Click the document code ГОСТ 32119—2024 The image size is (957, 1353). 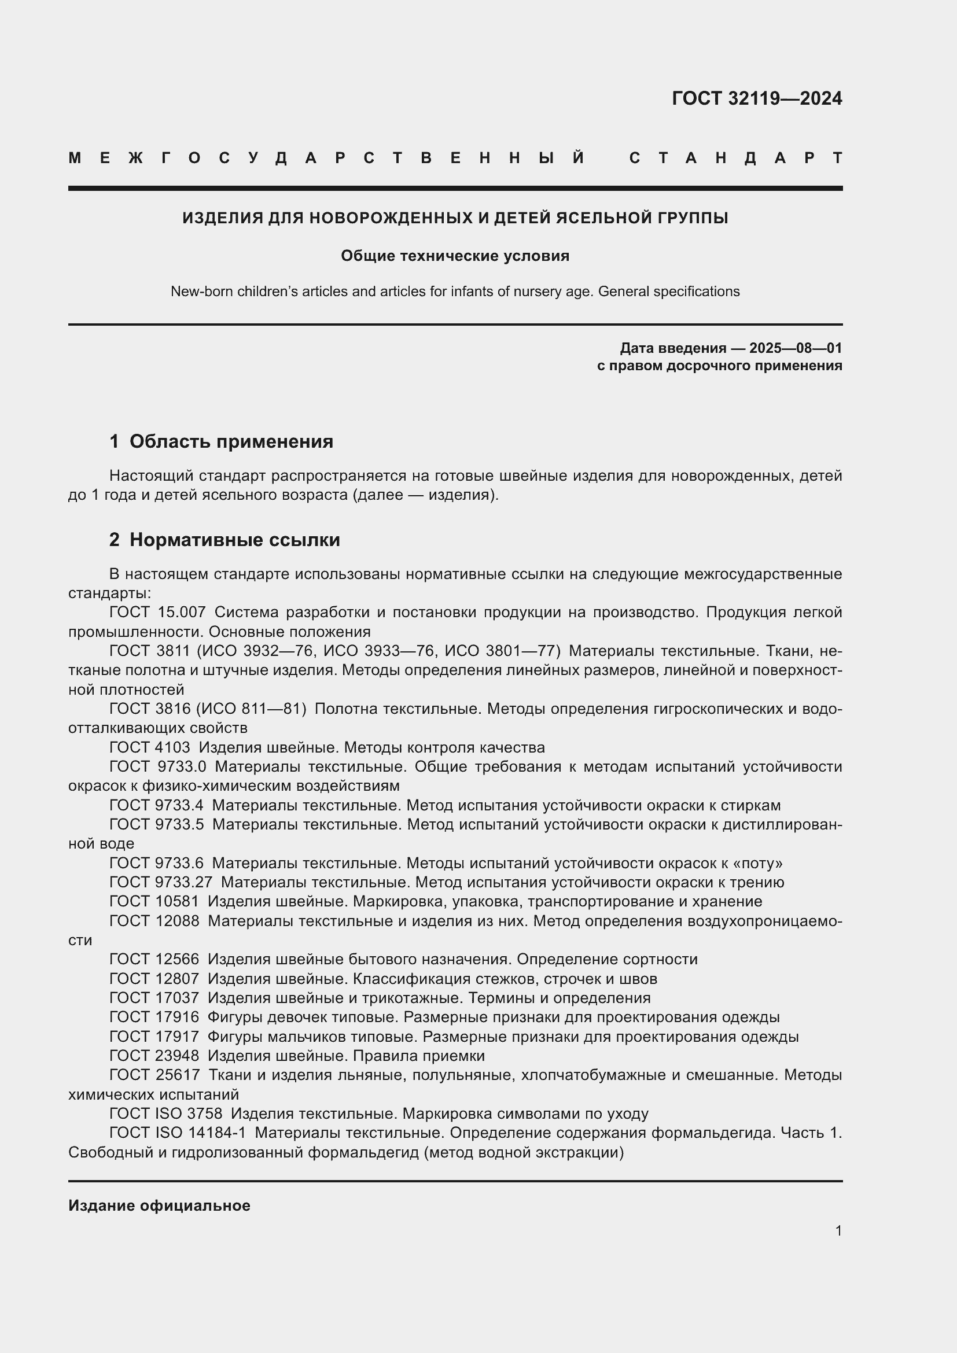pos(757,98)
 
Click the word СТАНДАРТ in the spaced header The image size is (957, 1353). pos(735,158)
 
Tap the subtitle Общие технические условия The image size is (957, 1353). pos(455,256)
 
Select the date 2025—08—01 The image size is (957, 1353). pos(796,348)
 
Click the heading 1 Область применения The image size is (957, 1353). pos(222,441)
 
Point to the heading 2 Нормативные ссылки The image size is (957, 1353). pos(224,540)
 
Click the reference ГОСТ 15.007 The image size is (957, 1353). pos(157,612)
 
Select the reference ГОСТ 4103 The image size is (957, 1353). pos(150,748)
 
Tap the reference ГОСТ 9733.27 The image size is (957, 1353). pos(161,882)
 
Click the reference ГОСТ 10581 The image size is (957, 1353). pos(154,902)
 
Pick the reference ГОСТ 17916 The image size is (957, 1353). pos(154,1017)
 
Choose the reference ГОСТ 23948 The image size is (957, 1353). pos(154,1056)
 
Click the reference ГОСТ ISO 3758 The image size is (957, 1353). pos(165,1114)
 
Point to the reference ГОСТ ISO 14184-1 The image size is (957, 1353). pos(178,1133)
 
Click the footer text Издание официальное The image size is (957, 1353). pos(159,1205)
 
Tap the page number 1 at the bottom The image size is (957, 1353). pos(838,1230)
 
